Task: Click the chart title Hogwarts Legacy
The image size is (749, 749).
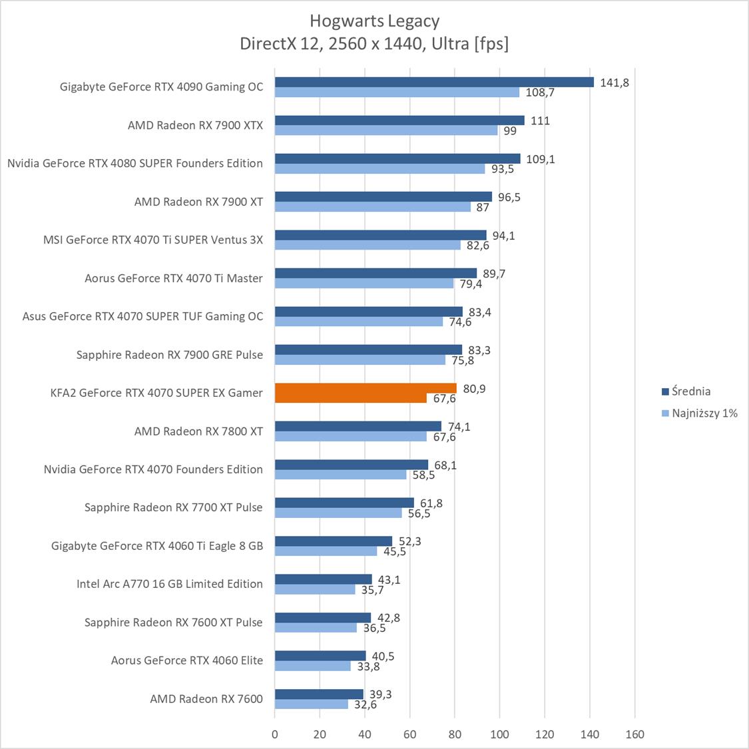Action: coord(374,21)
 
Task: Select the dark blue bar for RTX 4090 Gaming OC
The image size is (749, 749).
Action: coord(433,82)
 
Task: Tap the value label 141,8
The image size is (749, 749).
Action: coord(614,83)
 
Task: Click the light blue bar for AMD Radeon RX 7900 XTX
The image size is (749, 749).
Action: coord(386,130)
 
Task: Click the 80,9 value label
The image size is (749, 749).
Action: coord(474,389)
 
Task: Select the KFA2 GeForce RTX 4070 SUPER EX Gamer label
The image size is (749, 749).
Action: coord(156,393)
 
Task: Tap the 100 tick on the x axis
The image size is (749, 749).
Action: coord(499,734)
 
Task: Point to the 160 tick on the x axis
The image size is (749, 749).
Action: coord(634,734)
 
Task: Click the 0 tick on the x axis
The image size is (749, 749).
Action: coord(275,734)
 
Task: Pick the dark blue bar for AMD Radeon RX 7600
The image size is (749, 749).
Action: coord(319,694)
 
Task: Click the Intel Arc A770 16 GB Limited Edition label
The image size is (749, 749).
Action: coord(169,584)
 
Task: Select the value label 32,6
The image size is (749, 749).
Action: coord(365,704)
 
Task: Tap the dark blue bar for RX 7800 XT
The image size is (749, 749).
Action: coord(358,426)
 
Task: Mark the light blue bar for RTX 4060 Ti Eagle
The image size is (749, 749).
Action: coord(326,551)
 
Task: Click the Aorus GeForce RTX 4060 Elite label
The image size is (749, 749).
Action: coord(186,660)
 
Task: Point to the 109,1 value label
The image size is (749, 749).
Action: coord(540,159)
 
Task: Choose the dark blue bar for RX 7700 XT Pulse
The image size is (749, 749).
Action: coord(344,503)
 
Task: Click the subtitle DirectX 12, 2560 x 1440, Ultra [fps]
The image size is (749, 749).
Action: coord(374,44)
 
